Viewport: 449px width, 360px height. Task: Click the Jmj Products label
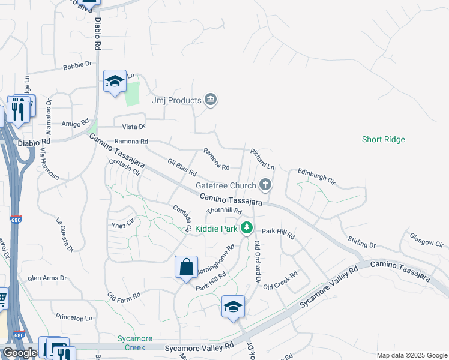[x=176, y=100]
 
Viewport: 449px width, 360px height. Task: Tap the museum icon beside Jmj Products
[x=210, y=100]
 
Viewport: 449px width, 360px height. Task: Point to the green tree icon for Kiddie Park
[x=246, y=228]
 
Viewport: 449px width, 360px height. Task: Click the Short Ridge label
[x=384, y=139]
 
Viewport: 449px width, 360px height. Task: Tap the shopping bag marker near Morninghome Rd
[x=186, y=266]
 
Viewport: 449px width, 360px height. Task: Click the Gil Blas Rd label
[x=182, y=168]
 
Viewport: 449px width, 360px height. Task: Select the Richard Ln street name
[x=262, y=158]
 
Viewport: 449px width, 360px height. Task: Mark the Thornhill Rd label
[x=224, y=211]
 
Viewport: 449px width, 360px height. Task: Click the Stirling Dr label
[x=361, y=242]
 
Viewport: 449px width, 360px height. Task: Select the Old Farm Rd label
[x=124, y=296]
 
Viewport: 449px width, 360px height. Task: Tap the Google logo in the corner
[x=20, y=353]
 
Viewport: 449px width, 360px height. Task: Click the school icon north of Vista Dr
[x=114, y=81]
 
